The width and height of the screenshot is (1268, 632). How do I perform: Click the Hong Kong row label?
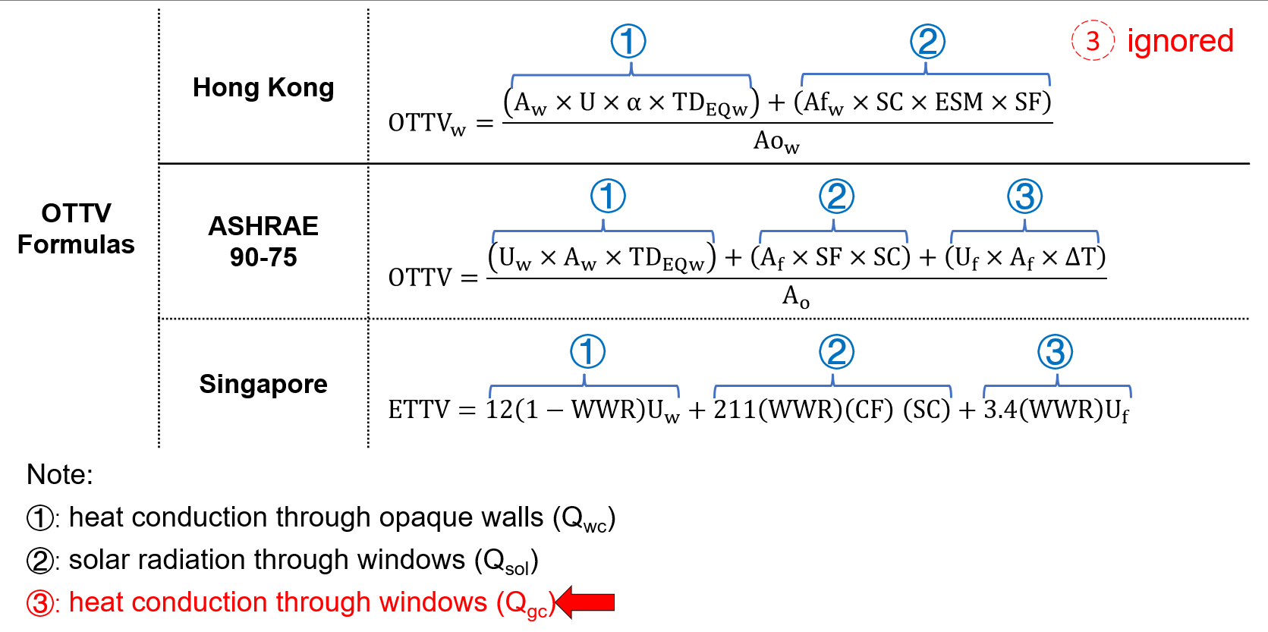point(263,88)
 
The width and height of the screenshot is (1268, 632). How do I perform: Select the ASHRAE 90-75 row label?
point(263,241)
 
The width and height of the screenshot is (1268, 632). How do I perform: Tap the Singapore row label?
point(263,384)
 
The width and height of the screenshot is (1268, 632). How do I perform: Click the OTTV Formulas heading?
point(76,228)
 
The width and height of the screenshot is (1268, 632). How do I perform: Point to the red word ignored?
point(1180,41)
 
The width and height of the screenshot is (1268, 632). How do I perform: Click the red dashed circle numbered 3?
point(1093,41)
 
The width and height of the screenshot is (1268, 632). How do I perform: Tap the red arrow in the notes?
point(586,602)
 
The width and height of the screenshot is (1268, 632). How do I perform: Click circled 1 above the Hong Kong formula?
point(628,41)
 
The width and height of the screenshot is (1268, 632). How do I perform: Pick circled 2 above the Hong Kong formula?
point(927,41)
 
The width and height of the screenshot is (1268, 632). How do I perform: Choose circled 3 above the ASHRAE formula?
point(1024,197)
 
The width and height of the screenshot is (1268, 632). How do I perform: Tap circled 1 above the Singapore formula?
point(587,352)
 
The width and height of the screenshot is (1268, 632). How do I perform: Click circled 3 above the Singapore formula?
point(1055,352)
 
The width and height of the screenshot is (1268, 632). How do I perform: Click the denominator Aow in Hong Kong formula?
point(776,141)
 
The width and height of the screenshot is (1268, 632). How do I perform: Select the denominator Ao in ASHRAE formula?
point(795,296)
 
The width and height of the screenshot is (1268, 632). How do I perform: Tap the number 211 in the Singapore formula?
point(734,410)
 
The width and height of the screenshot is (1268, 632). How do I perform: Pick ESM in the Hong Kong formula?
point(958,102)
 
